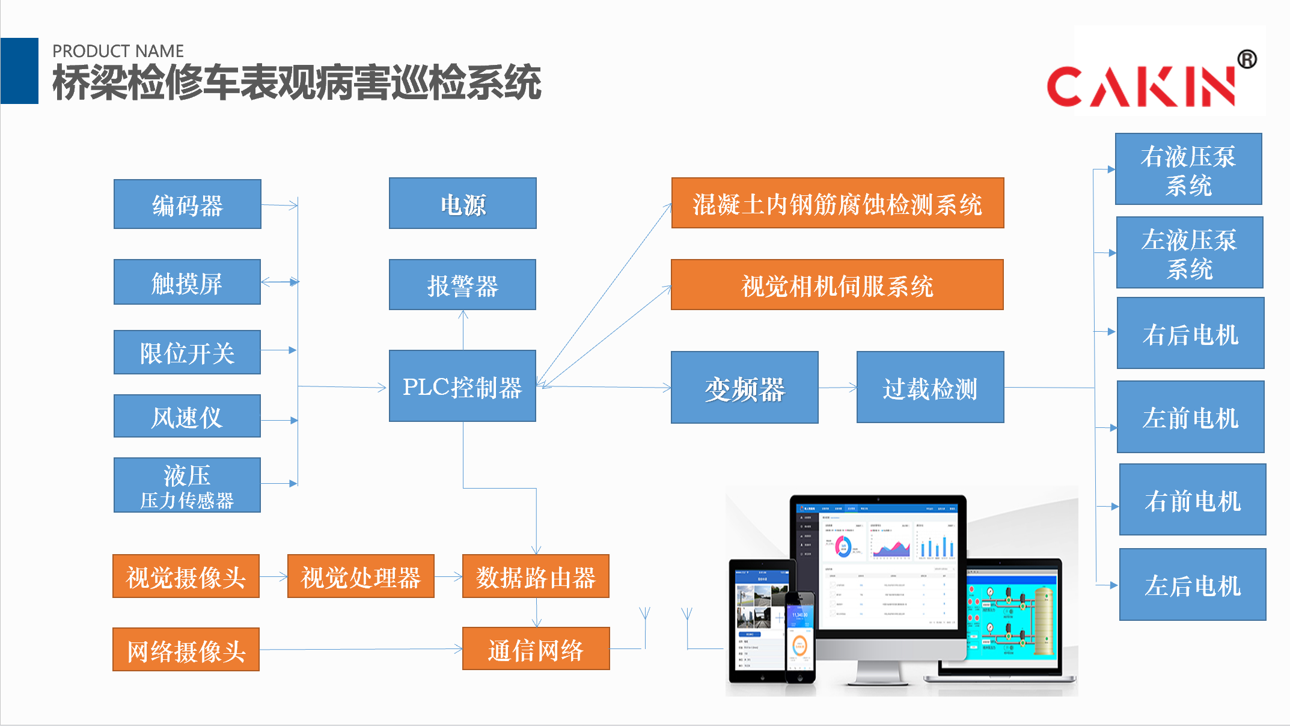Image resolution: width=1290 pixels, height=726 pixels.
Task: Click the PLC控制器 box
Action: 462,386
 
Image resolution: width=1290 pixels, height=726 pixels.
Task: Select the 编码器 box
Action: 187,204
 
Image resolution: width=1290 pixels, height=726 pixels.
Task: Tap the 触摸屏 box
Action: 187,282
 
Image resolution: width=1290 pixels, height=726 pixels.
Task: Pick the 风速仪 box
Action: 187,416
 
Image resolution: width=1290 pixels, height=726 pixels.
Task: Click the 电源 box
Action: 462,203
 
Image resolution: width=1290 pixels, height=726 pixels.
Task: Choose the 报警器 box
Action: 462,285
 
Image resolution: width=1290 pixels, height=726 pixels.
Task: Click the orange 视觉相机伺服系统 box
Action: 837,285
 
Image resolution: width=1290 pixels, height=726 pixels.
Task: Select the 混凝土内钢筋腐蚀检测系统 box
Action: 837,203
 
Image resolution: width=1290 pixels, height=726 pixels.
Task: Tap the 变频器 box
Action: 744,388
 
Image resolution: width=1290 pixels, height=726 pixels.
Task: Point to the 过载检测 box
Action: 930,388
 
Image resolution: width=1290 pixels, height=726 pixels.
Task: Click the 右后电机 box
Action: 1190,333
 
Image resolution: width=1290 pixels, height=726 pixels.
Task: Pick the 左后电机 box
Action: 1193,584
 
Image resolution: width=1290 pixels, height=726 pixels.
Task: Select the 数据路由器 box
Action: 536,576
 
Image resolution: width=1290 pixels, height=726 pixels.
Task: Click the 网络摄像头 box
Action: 186,650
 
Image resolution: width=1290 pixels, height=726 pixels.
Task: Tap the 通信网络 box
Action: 536,649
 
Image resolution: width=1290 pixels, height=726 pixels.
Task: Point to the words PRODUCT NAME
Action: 118,51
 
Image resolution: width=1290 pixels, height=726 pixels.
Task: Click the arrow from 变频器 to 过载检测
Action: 837,388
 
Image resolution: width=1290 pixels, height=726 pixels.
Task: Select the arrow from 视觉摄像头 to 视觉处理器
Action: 274,577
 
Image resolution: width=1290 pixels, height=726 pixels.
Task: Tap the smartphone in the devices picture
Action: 800,637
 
